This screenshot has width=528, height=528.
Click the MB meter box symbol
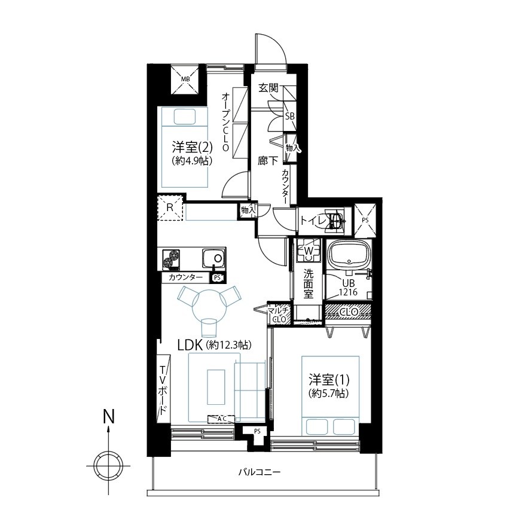(x=185, y=79)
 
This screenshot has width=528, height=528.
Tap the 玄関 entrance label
(x=268, y=88)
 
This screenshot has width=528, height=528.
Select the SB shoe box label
(x=289, y=116)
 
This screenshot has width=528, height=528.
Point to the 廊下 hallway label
(x=268, y=161)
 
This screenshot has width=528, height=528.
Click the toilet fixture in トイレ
(x=335, y=221)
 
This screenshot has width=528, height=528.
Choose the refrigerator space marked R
(x=170, y=207)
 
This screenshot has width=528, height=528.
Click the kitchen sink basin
(x=214, y=258)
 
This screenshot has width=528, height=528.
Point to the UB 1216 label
(x=348, y=288)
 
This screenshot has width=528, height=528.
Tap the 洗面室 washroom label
(x=308, y=283)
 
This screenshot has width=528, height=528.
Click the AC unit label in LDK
(x=221, y=419)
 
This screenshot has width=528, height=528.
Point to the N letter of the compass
(x=108, y=416)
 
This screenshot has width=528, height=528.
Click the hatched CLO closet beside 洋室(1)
(x=349, y=312)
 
